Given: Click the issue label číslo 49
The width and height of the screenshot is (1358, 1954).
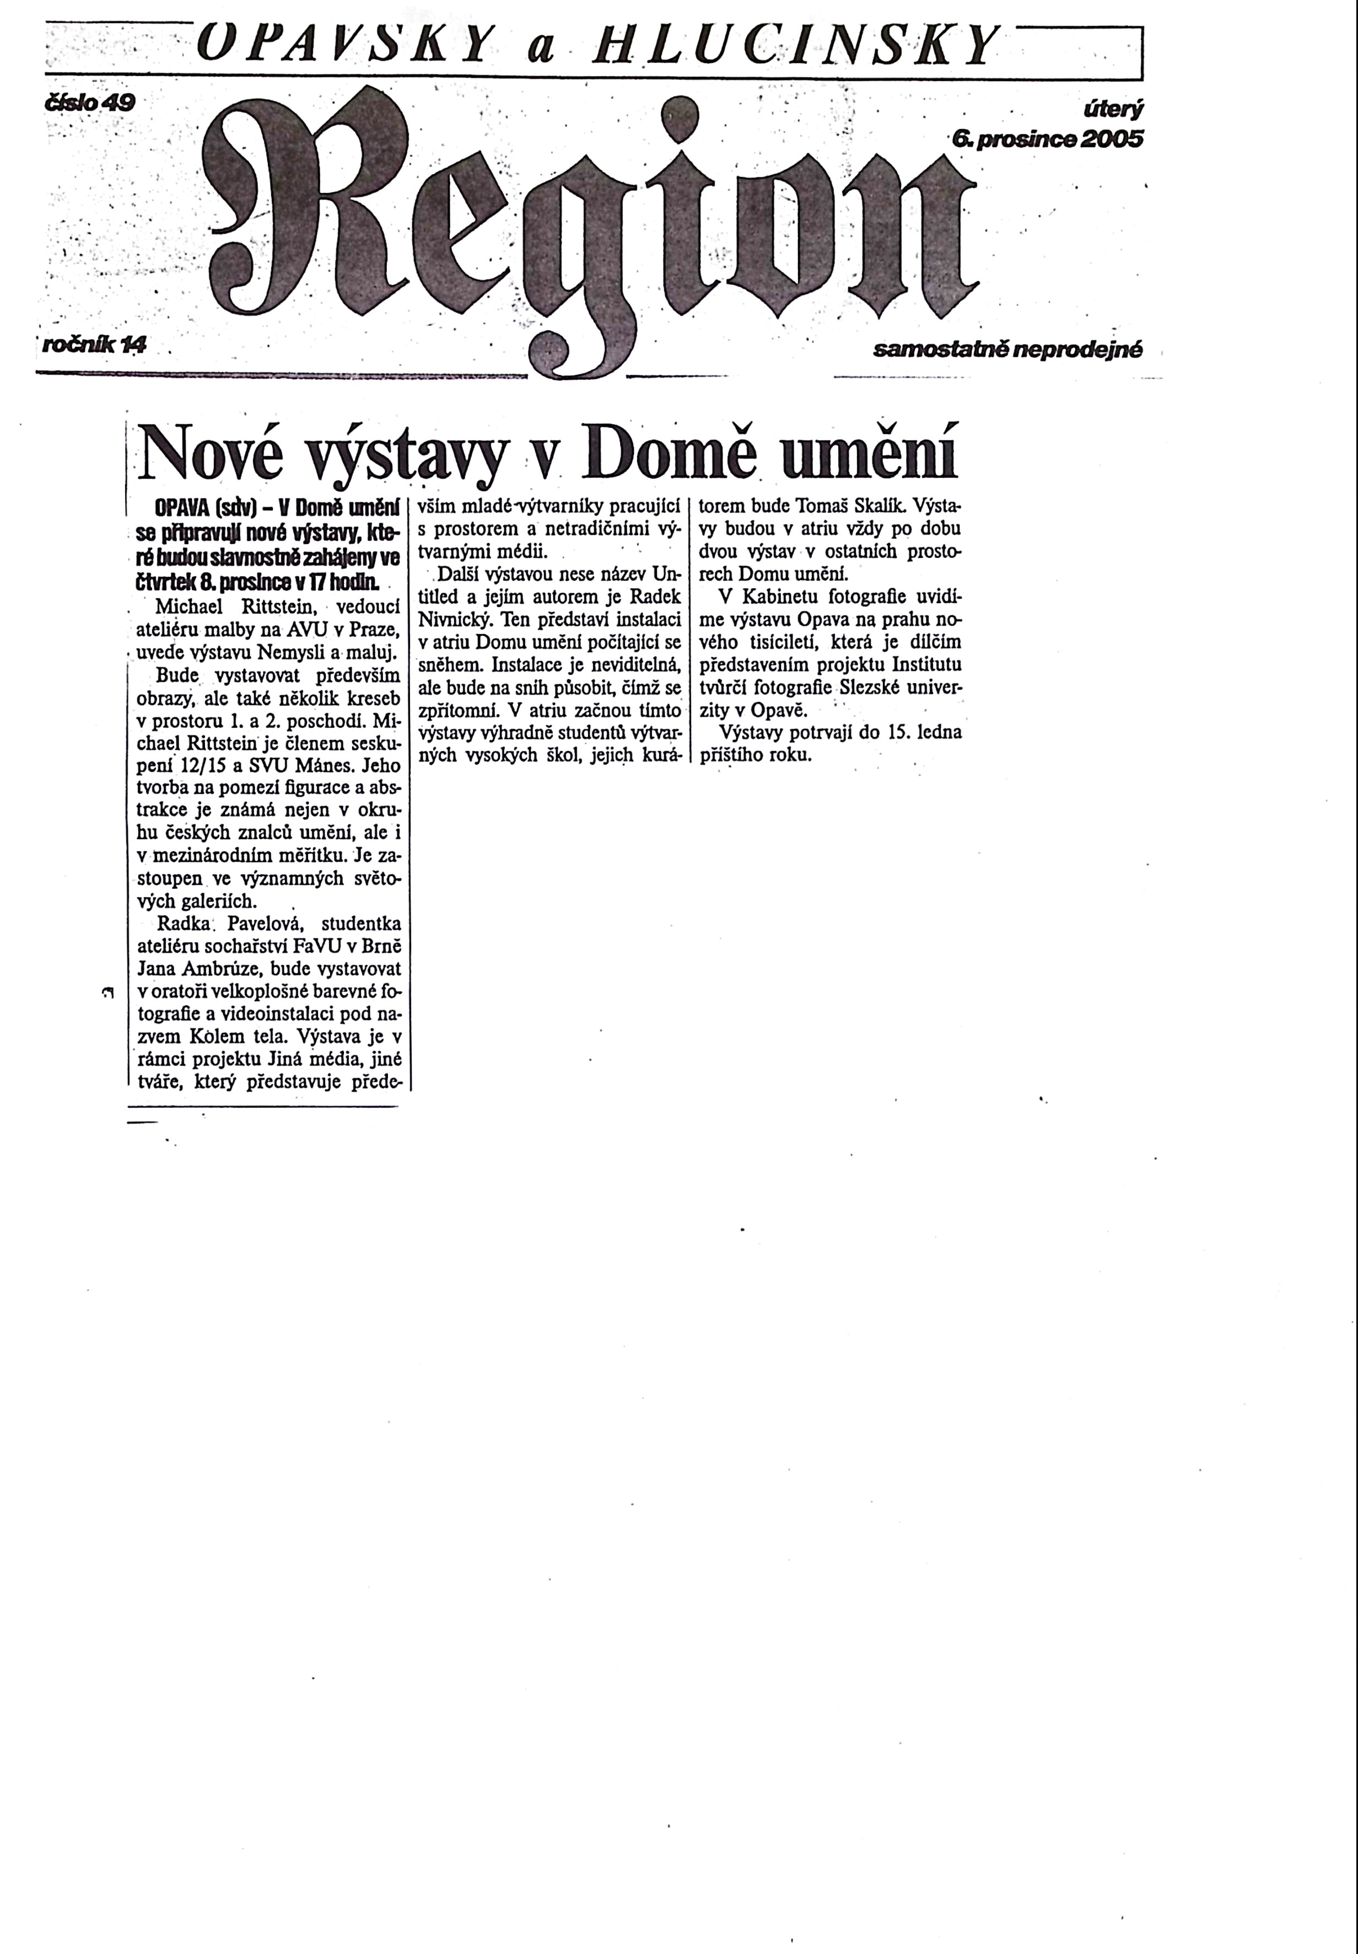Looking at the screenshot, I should pos(89,104).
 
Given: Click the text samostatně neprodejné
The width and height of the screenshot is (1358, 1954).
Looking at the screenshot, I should pos(1006,350).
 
